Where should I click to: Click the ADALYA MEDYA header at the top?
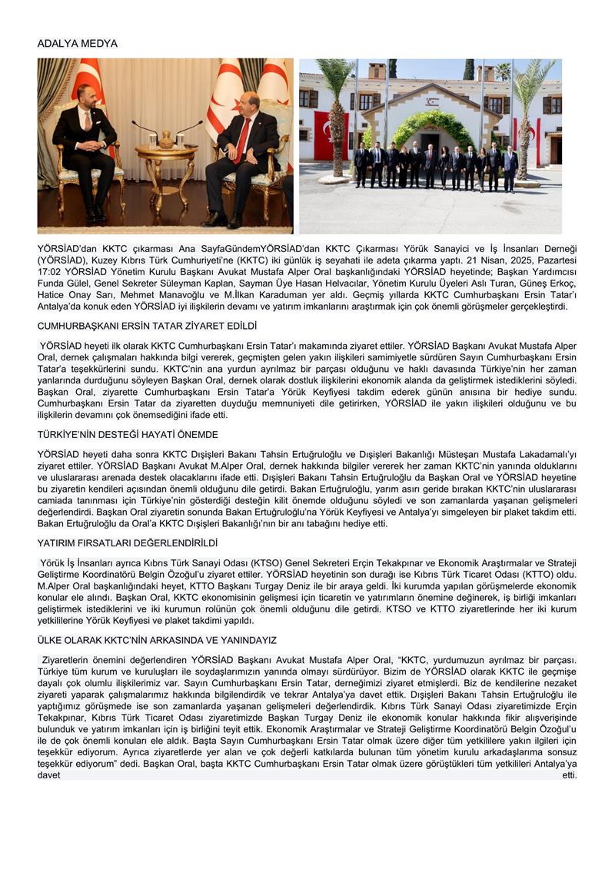pos(78,44)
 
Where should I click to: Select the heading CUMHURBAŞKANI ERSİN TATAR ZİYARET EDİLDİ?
pos(147,327)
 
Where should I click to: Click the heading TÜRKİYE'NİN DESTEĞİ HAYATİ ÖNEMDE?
pos(128,435)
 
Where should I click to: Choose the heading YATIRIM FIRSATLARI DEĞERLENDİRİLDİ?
pos(128,542)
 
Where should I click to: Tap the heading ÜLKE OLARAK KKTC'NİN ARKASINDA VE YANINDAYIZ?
pos(157,640)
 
